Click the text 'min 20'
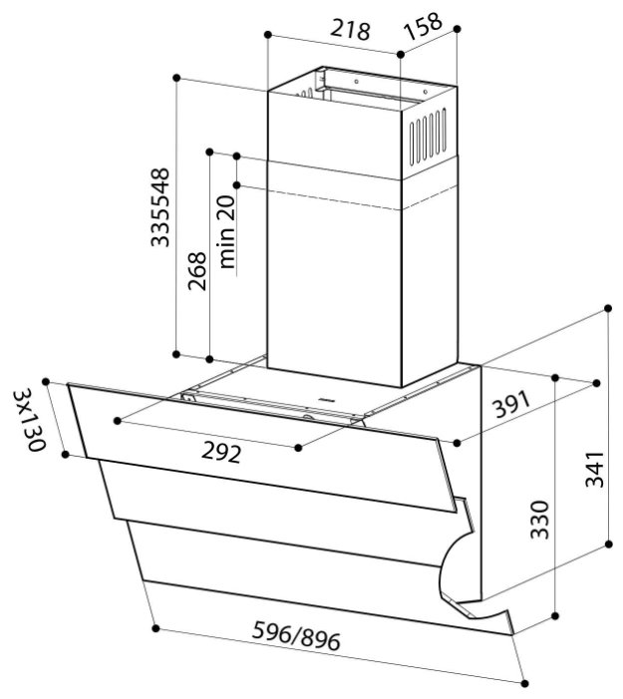coord(226,233)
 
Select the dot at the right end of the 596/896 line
coord(525,682)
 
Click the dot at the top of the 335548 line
coord(176,77)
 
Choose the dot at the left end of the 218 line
coord(268,35)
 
